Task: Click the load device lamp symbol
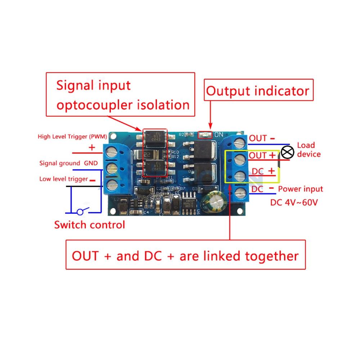tap(287, 152)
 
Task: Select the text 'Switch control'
tap(89, 225)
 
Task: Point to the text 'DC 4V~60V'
tap(294, 202)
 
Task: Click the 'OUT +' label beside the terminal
tap(263, 156)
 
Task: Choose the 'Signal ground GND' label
tap(68, 163)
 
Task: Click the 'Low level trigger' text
tap(64, 179)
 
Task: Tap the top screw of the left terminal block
tap(113, 153)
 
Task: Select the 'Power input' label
tap(301, 189)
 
